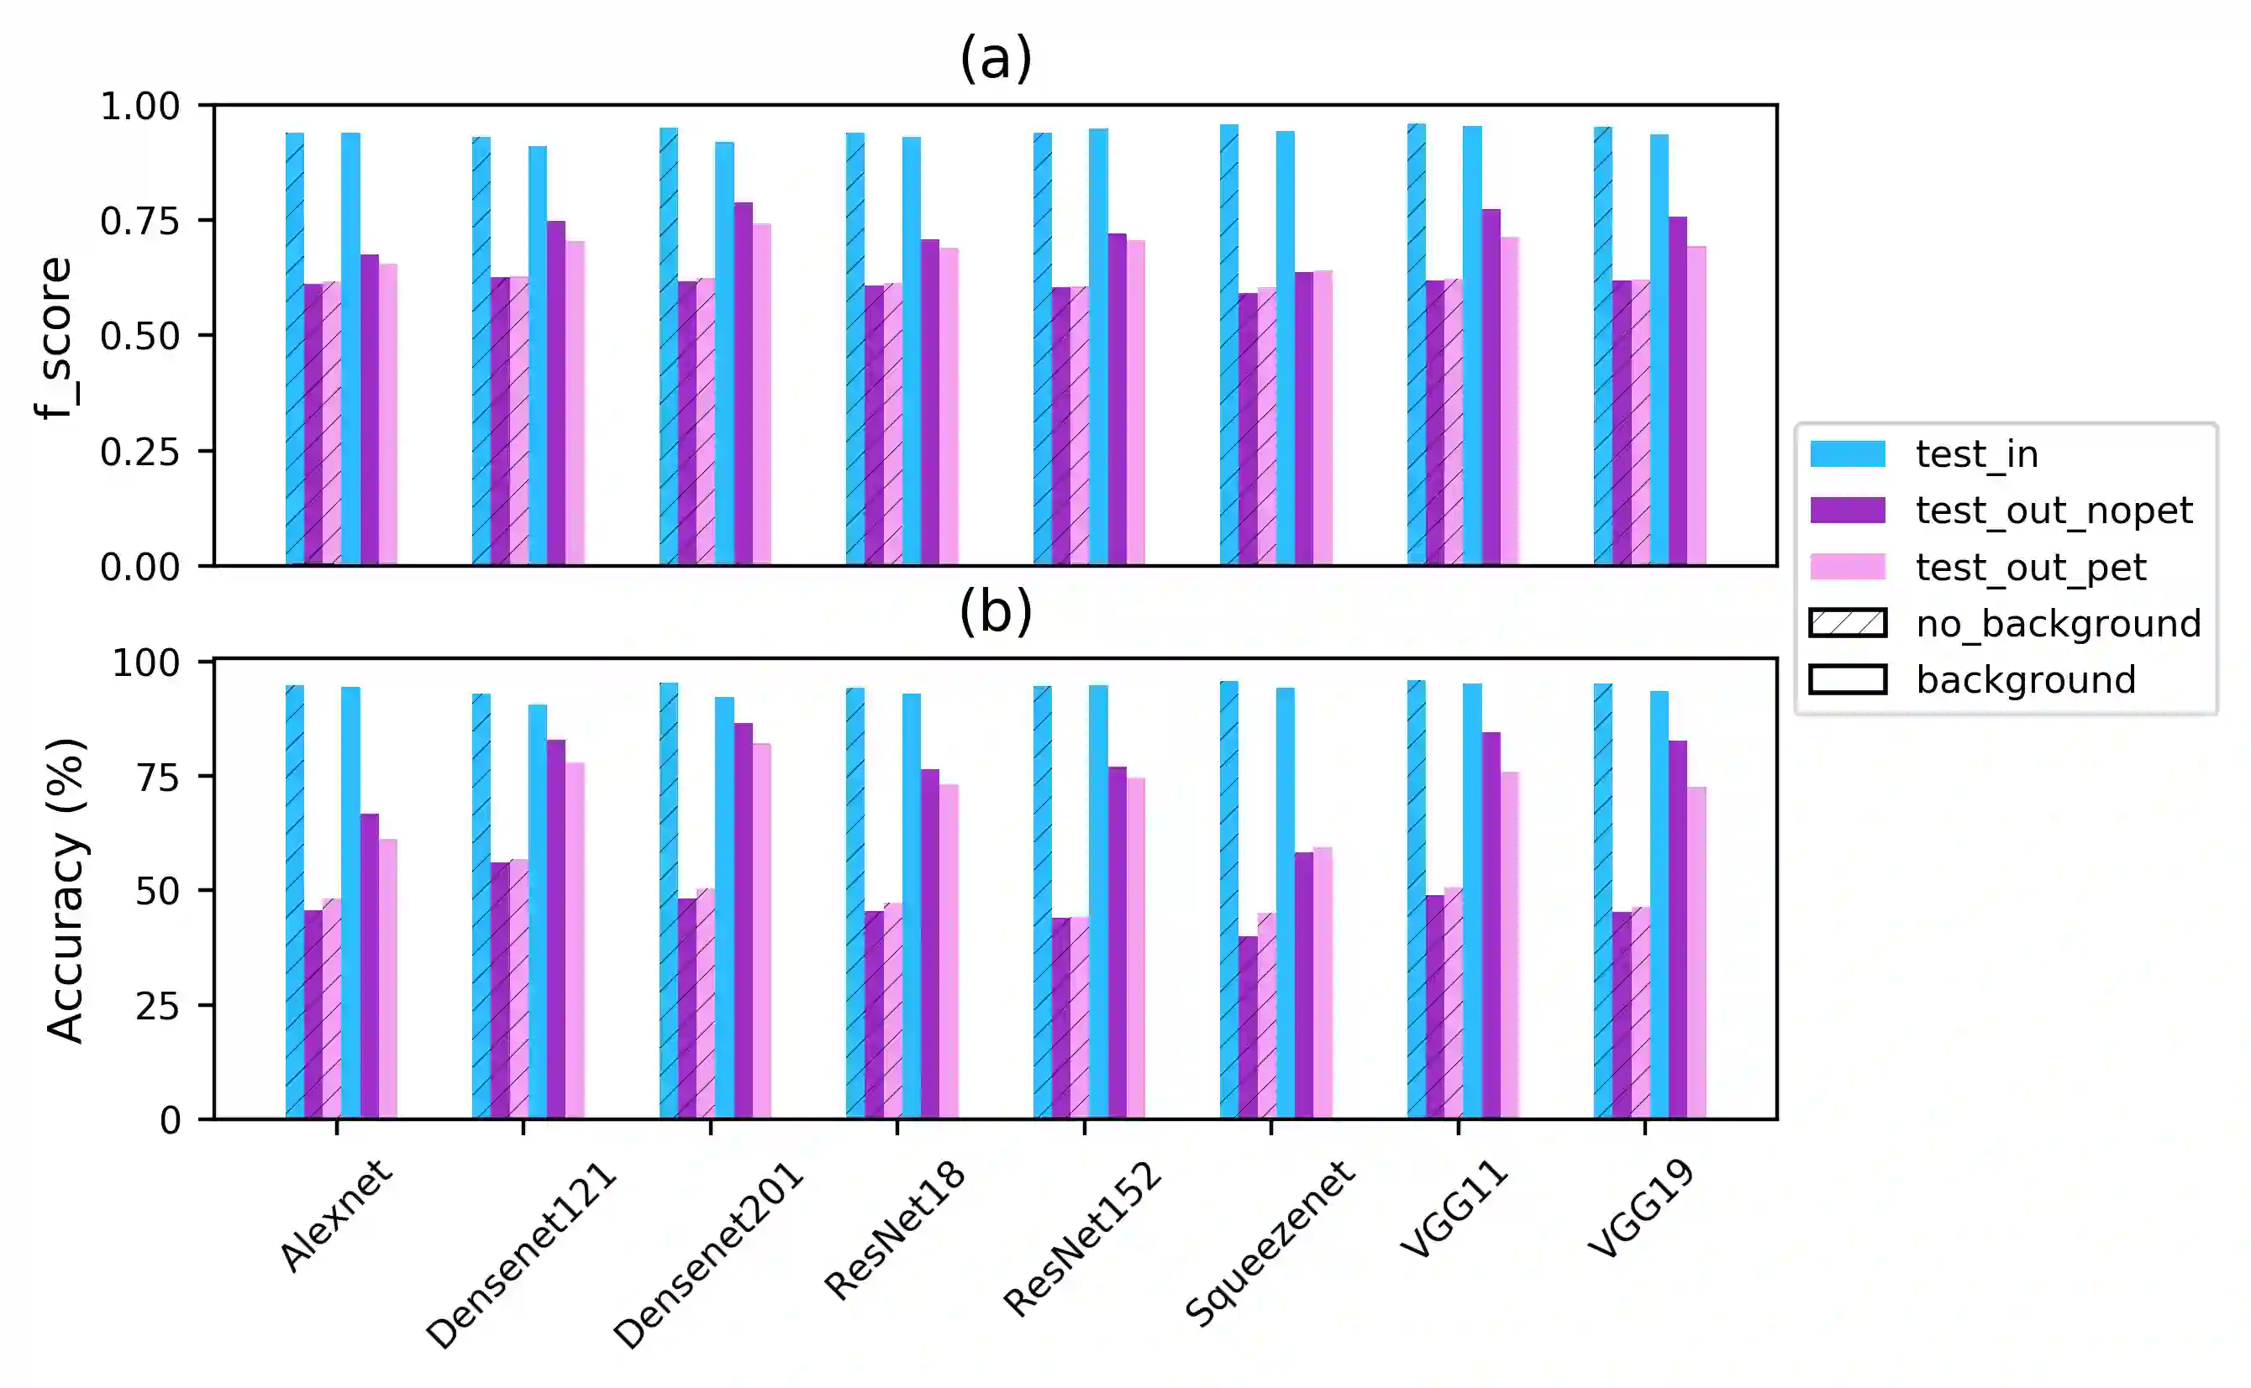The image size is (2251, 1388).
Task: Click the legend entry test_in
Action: click(x=1976, y=453)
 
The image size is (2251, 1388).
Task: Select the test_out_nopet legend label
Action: click(x=2054, y=511)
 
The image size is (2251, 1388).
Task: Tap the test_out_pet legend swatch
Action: click(x=1847, y=567)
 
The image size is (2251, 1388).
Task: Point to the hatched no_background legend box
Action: click(x=1847, y=623)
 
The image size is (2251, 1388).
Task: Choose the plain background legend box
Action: click(x=1847, y=679)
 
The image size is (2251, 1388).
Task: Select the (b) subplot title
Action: click(x=996, y=611)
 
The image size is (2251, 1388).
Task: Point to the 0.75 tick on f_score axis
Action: click(x=139, y=221)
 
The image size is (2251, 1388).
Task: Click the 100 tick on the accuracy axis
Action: click(x=145, y=662)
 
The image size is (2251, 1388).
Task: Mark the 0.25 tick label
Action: click(x=139, y=452)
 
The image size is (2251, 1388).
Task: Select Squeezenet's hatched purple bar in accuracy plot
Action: click(x=1247, y=1027)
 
